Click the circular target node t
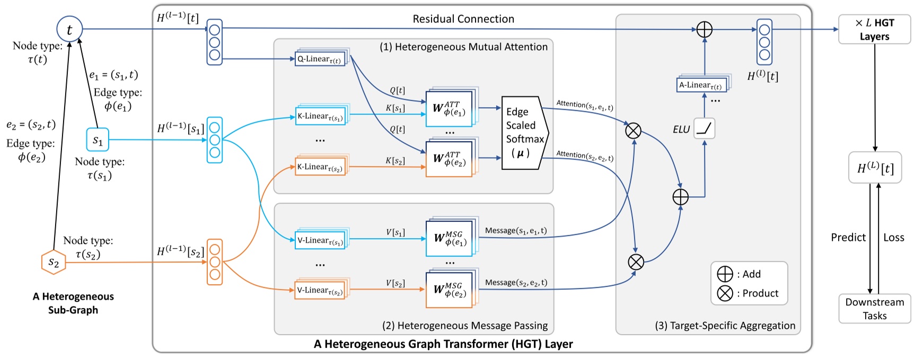69,29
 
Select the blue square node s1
98,140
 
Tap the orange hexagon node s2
54,262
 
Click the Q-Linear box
320,59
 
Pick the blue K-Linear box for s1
320,116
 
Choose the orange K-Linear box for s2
320,167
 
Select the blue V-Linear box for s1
320,240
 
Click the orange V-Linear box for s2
320,291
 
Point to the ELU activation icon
704,128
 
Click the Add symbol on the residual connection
704,30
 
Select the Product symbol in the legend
725,293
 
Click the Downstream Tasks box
874,309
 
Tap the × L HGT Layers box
874,30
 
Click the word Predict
848,238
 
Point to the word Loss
893,238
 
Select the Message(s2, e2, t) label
516,283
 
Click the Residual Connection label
463,19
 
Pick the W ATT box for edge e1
449,108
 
